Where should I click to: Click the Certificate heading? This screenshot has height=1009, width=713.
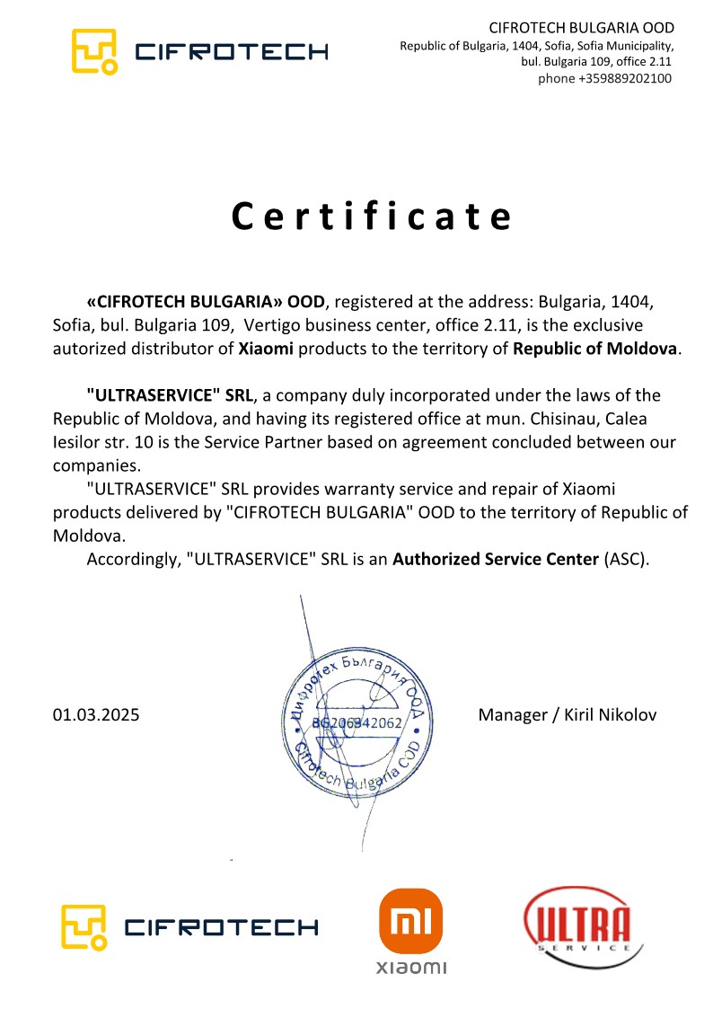[372, 217]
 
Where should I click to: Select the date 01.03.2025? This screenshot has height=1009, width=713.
[96, 715]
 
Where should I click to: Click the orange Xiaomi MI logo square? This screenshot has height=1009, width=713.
[410, 921]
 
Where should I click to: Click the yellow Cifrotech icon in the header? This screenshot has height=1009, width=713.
[94, 50]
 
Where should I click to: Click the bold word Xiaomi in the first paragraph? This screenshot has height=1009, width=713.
[266, 349]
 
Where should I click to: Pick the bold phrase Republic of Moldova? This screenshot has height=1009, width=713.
[594, 349]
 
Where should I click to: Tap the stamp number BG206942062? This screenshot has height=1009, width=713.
[356, 722]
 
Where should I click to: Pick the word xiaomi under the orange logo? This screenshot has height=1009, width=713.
[410, 968]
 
